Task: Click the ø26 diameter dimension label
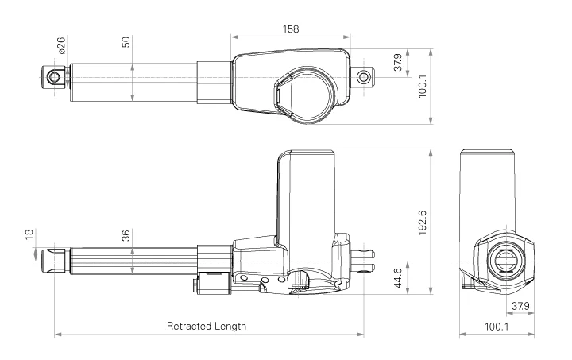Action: pos(61,46)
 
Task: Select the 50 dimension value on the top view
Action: pos(126,41)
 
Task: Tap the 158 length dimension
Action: pos(291,29)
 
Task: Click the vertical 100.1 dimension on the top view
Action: pos(422,83)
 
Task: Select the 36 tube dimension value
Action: pos(126,235)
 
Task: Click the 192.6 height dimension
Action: pos(422,224)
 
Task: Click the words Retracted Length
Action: pos(207,326)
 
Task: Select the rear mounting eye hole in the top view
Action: pos(365,77)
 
